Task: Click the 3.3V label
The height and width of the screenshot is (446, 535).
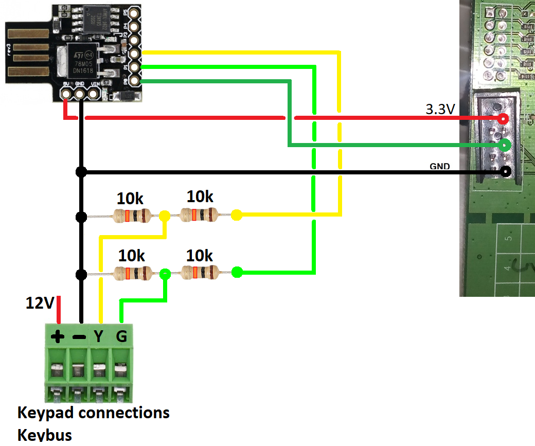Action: (x=440, y=110)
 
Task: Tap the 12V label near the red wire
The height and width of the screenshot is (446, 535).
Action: (x=40, y=303)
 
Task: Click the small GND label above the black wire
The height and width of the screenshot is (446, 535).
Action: (x=440, y=166)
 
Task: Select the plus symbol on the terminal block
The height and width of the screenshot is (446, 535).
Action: (x=58, y=337)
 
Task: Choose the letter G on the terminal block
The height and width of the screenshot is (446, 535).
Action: (x=121, y=336)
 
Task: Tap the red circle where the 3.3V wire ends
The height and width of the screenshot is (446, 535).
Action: (x=504, y=119)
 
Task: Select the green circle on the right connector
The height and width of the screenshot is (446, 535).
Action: (x=505, y=145)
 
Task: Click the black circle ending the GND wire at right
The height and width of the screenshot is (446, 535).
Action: (x=506, y=171)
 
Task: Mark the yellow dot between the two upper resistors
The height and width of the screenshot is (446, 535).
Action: (x=165, y=216)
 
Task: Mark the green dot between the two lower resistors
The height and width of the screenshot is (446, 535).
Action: (x=165, y=274)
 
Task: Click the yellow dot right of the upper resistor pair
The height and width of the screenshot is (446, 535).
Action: (x=237, y=216)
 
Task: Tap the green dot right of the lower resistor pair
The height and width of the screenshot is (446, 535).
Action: (x=237, y=272)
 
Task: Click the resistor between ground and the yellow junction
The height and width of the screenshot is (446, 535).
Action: (x=131, y=216)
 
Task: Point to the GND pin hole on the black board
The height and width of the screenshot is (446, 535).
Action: (x=80, y=94)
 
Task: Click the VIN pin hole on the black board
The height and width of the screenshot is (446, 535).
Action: (x=94, y=94)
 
